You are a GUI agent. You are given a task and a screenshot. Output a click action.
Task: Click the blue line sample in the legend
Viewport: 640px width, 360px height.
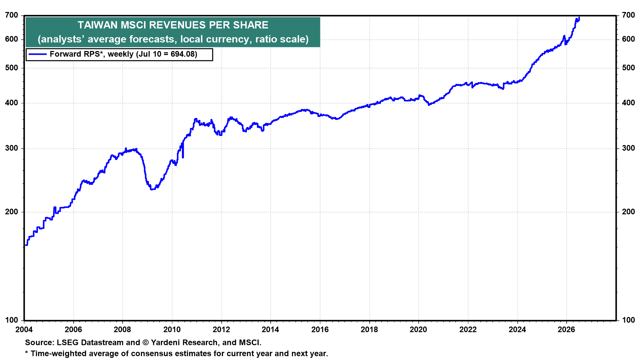(x=37, y=54)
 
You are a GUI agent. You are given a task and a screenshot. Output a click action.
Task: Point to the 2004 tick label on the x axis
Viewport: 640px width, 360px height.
(x=24, y=330)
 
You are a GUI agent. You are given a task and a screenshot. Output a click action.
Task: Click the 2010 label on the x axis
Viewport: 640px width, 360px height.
(x=172, y=330)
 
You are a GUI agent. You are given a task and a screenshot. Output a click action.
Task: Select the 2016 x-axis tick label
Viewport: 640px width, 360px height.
(x=320, y=330)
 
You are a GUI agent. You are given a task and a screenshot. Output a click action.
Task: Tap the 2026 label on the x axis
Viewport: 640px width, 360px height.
(x=567, y=330)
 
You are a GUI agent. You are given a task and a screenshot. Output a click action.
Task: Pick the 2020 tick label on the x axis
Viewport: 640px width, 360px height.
(x=419, y=330)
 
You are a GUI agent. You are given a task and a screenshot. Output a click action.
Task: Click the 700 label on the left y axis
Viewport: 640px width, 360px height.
(x=12, y=15)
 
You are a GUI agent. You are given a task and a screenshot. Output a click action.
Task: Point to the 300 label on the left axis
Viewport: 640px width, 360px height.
(x=12, y=148)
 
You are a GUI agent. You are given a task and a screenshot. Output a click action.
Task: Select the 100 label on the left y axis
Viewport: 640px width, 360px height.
(x=12, y=320)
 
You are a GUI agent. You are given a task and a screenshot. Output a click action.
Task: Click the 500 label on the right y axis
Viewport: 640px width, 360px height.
(x=628, y=68)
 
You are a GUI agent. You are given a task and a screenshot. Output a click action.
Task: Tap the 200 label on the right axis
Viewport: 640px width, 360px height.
(x=628, y=212)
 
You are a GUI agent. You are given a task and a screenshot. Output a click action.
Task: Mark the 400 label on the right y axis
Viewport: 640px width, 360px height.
(x=628, y=103)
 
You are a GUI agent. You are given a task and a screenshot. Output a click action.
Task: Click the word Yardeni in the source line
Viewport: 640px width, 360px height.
(x=166, y=342)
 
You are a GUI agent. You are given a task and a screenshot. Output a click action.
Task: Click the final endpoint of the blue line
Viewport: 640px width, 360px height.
(x=579, y=17)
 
